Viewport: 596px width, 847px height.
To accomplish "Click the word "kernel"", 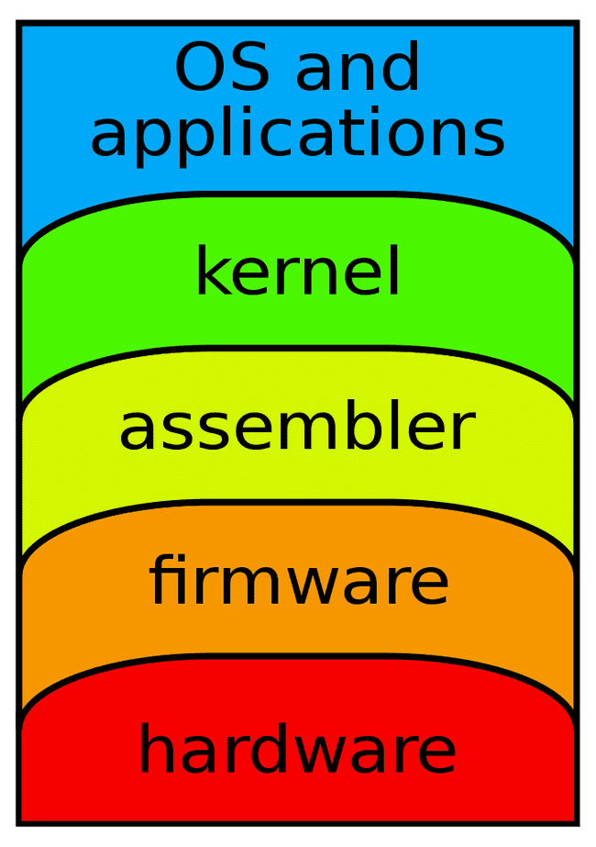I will point(298,273).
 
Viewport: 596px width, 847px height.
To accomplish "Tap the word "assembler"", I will point(297,428).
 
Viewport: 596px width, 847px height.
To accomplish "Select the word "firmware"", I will point(299,580).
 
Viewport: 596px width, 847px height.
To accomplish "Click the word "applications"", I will point(297,134).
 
